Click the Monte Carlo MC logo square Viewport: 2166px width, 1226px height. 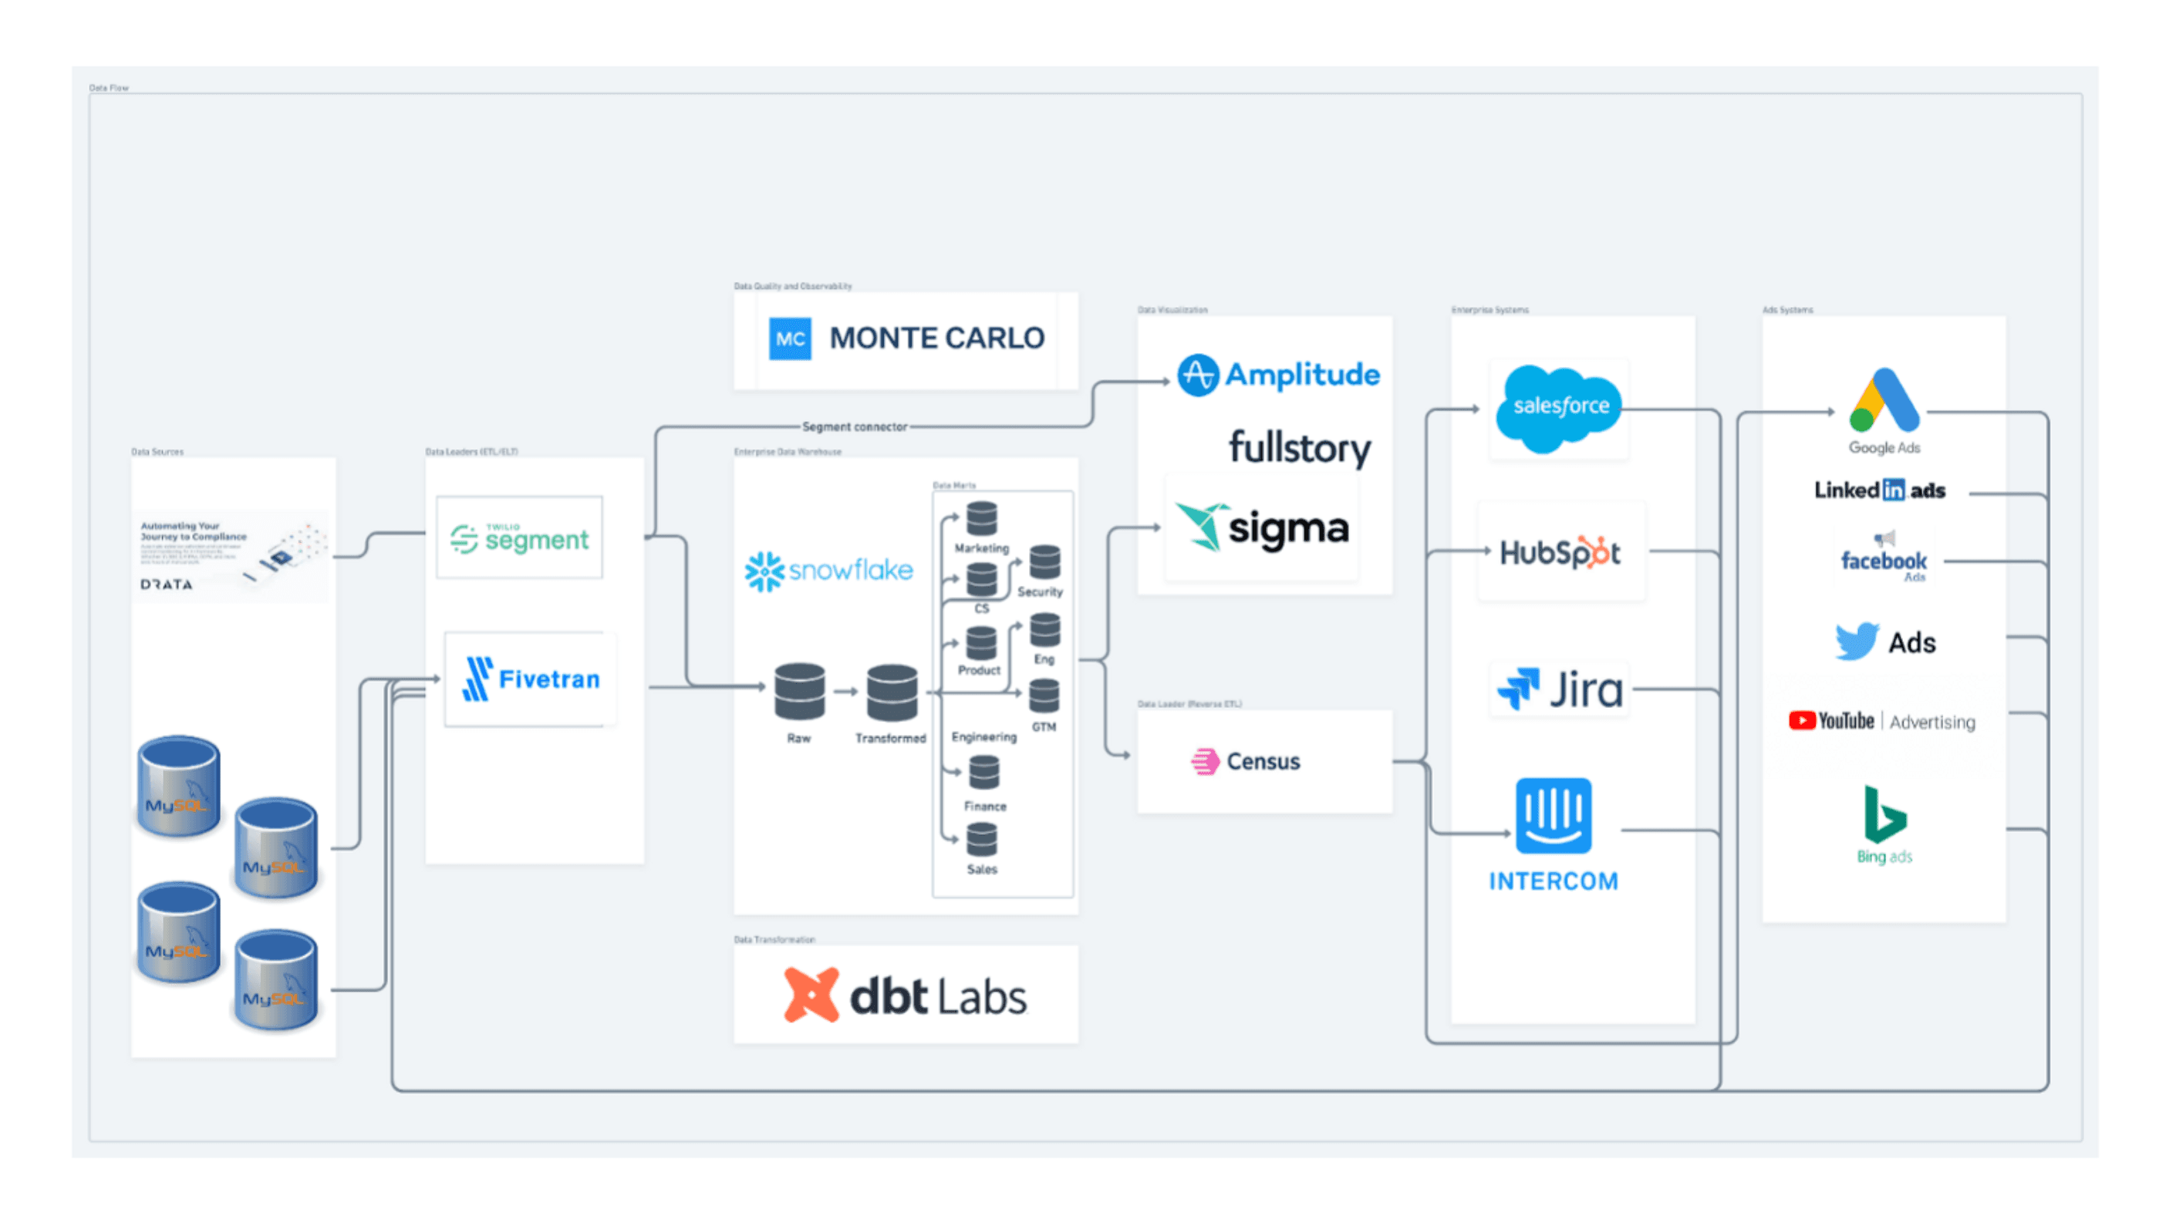click(789, 338)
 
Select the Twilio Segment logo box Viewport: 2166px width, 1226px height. click(519, 537)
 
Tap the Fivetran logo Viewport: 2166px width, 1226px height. click(531, 679)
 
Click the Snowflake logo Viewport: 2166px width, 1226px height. click(828, 570)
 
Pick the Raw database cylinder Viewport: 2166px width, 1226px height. click(798, 692)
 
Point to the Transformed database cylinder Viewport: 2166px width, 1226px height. click(891, 692)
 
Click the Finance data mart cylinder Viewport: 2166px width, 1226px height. click(983, 772)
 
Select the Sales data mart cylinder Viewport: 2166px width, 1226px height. click(981, 839)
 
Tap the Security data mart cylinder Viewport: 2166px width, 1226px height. click(1044, 562)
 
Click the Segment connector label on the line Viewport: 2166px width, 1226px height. click(854, 427)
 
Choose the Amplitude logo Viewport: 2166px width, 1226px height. click(1277, 375)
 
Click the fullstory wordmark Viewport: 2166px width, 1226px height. click(1298, 447)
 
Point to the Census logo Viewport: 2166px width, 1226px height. click(1246, 761)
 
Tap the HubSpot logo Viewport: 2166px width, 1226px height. click(1560, 552)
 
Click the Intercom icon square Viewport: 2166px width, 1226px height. click(1553, 815)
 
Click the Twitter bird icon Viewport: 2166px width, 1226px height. click(1855, 641)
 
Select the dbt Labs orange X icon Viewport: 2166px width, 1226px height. click(810, 995)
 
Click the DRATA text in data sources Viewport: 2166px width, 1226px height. click(166, 584)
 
